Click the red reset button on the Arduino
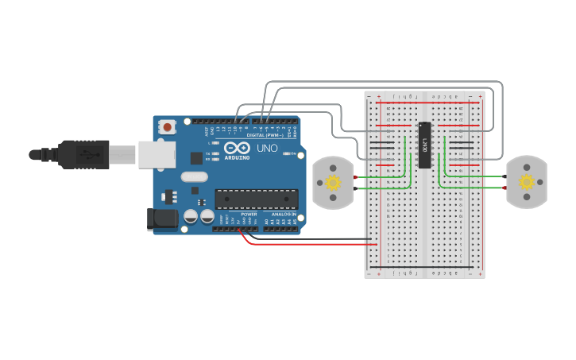coord(167,126)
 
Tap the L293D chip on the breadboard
coord(425,145)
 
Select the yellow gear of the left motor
coord(333,183)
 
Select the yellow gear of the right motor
coord(527,182)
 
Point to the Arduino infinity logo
coord(237,147)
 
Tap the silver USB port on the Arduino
coord(157,154)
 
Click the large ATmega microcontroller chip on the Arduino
coord(256,199)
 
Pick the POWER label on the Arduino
coord(249,215)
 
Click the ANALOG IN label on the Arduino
coord(284,215)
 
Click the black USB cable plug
coord(83,154)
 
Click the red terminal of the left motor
coord(355,176)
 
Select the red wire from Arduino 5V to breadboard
coord(310,244)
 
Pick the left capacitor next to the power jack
coord(191,216)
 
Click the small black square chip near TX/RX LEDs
coord(195,158)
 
